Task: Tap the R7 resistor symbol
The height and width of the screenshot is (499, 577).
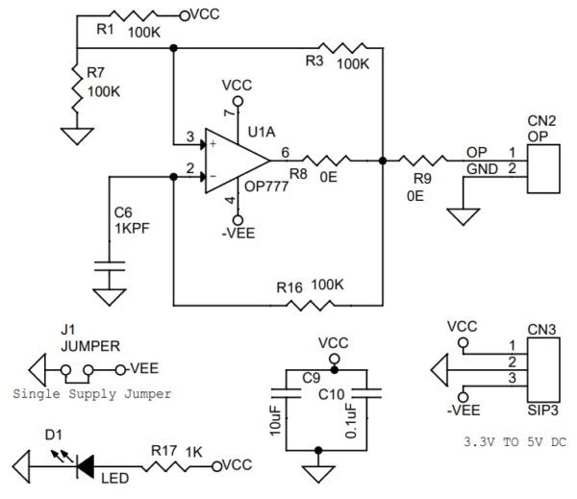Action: tap(75, 88)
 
